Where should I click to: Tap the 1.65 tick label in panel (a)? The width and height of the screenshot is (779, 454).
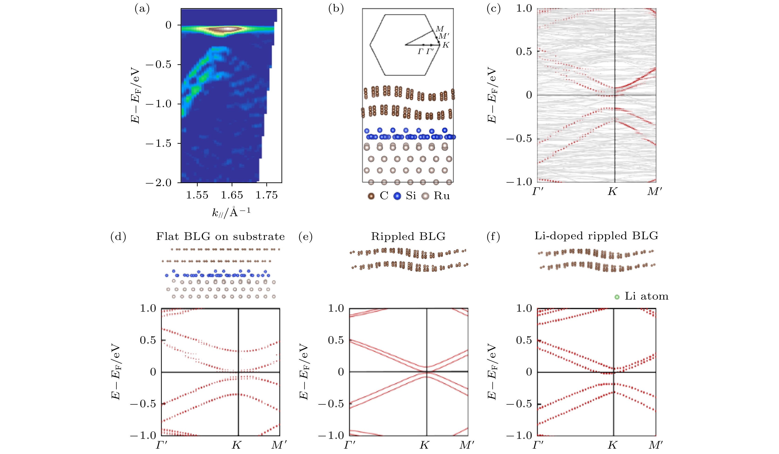click(x=232, y=195)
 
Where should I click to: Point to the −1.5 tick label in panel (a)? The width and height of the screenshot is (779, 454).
click(x=158, y=143)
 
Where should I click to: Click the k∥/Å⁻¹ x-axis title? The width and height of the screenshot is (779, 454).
click(x=231, y=212)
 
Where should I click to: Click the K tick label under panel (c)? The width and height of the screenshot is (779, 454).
click(x=612, y=192)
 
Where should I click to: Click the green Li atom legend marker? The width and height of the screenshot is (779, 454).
click(x=617, y=297)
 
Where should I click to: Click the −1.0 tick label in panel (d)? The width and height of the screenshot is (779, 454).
click(x=143, y=435)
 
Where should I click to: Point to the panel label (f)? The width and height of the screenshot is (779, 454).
click(x=493, y=237)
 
